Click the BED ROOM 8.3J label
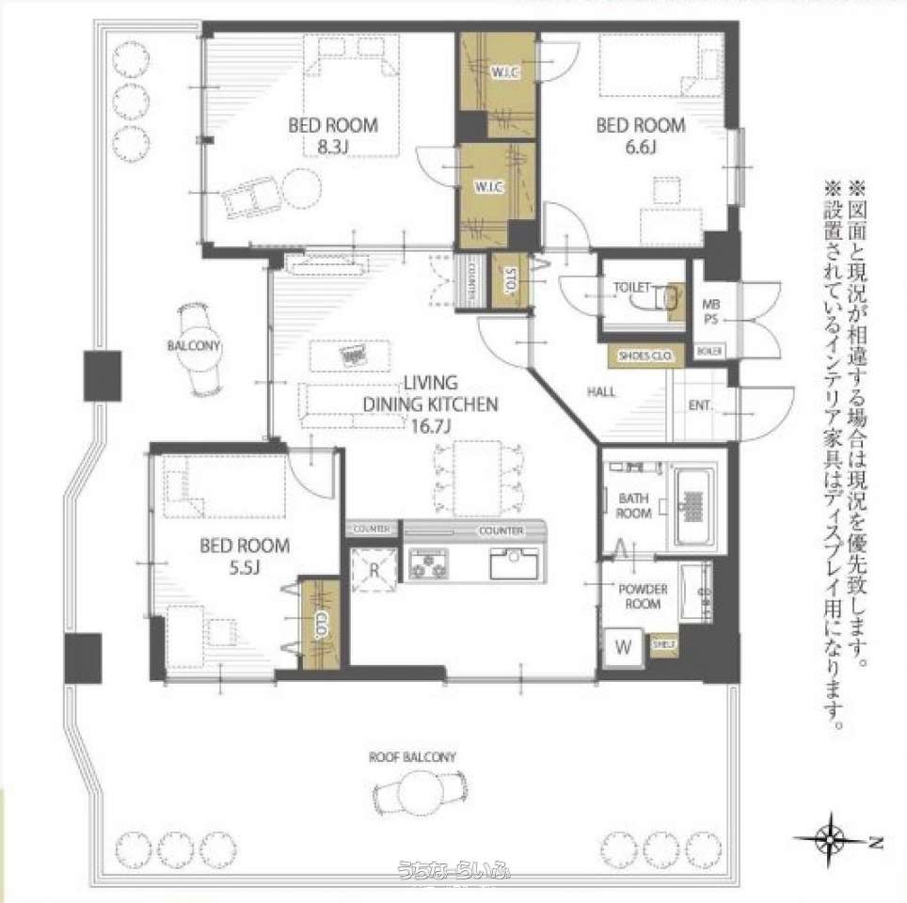pyautogui.click(x=332, y=135)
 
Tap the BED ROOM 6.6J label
pyautogui.click(x=641, y=135)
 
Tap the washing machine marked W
pyautogui.click(x=623, y=647)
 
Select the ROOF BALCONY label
pyautogui.click(x=412, y=757)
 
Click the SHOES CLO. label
pyautogui.click(x=642, y=356)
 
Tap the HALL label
pyautogui.click(x=602, y=391)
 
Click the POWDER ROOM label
pyautogui.click(x=643, y=596)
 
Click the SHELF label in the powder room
pyautogui.click(x=664, y=643)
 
